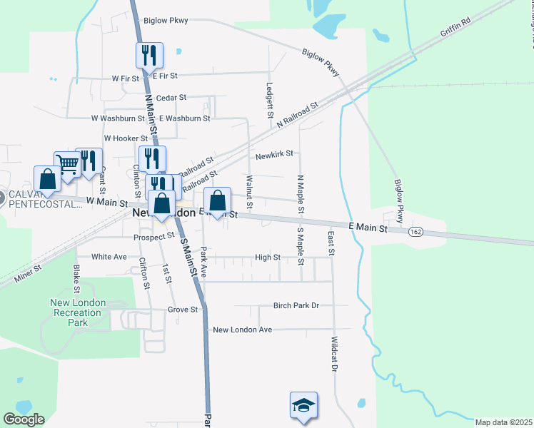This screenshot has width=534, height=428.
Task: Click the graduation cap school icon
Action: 303,405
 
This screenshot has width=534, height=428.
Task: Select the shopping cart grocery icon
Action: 67,164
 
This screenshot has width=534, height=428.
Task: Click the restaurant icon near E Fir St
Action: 150,55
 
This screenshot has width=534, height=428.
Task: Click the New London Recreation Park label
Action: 78,312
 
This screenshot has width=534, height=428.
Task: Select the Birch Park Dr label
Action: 296,305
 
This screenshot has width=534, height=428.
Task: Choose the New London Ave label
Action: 243,330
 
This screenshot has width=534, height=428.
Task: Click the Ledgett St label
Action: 270,99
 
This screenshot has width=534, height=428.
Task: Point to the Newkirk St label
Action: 274,154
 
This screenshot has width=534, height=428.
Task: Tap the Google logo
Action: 23,419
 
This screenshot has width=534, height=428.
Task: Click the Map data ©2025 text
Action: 503,422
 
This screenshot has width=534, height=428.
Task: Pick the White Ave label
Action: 109,256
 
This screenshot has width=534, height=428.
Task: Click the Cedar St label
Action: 171,97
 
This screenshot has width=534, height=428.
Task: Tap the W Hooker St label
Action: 126,138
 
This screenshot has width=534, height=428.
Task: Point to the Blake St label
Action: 76,278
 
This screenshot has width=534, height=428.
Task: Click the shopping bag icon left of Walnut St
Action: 218,202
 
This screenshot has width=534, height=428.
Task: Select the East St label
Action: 331,240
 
